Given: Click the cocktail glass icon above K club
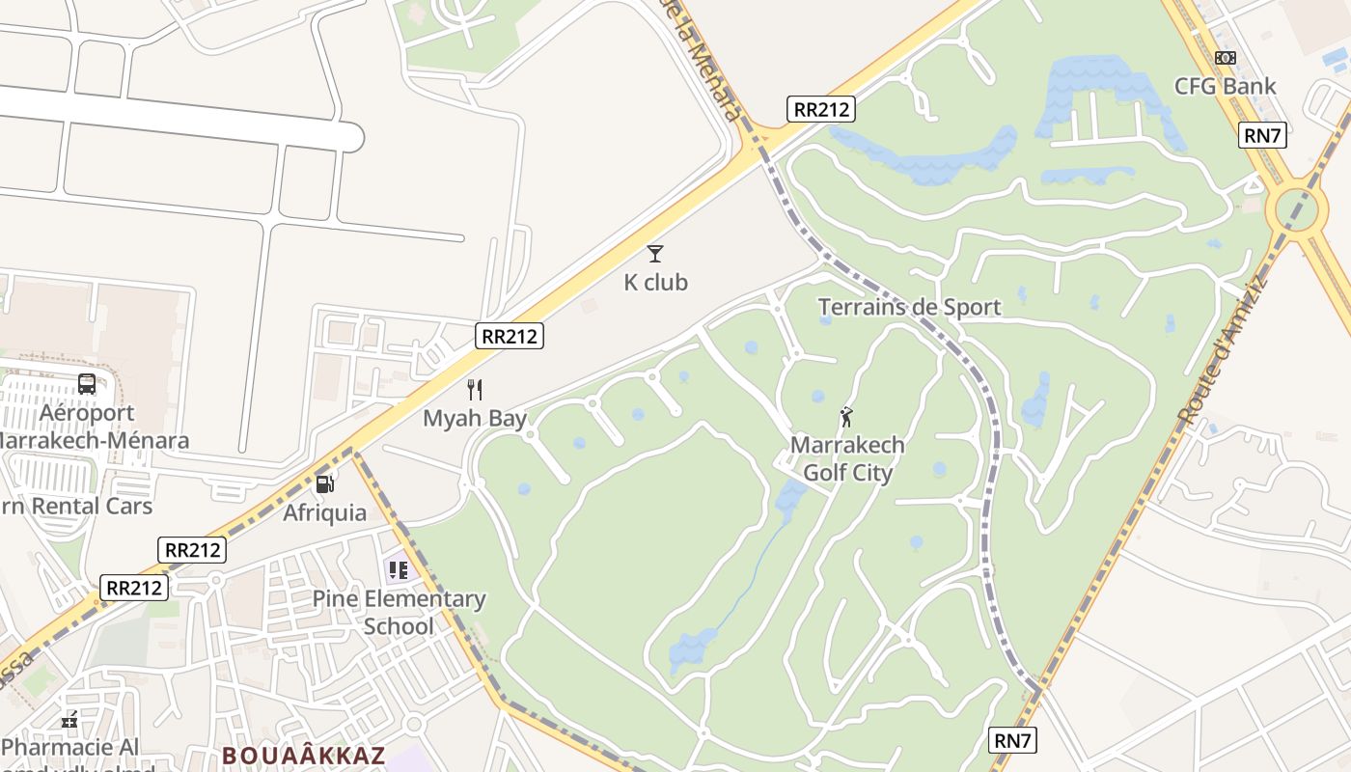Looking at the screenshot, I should pyautogui.click(x=655, y=254).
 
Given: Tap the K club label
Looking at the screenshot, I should pyautogui.click(x=655, y=283).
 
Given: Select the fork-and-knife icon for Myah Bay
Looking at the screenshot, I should pyautogui.click(x=474, y=390).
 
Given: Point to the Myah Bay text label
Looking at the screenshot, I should pyautogui.click(x=475, y=419).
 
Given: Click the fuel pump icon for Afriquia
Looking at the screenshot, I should pyautogui.click(x=325, y=483).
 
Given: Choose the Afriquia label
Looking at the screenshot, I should pyautogui.click(x=324, y=512).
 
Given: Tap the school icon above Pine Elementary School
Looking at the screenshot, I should pyautogui.click(x=398, y=569).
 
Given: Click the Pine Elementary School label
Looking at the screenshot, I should pyautogui.click(x=399, y=612).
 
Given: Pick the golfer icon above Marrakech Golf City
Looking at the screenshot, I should pyautogui.click(x=846, y=417).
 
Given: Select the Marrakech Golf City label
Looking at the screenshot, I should pyautogui.click(x=847, y=459).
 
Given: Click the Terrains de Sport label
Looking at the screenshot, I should pyautogui.click(x=909, y=308).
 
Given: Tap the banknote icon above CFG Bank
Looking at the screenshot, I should pyautogui.click(x=1225, y=58).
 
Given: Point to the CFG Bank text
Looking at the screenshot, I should pyautogui.click(x=1225, y=86).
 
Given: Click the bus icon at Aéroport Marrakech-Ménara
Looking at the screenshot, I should pyautogui.click(x=87, y=384).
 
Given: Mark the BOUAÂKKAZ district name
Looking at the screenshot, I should pyautogui.click(x=304, y=756).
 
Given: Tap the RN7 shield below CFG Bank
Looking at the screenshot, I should pyautogui.click(x=1262, y=135).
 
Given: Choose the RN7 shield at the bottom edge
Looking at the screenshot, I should pyautogui.click(x=1013, y=741).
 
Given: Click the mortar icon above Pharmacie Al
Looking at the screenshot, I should pyautogui.click(x=69, y=719).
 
